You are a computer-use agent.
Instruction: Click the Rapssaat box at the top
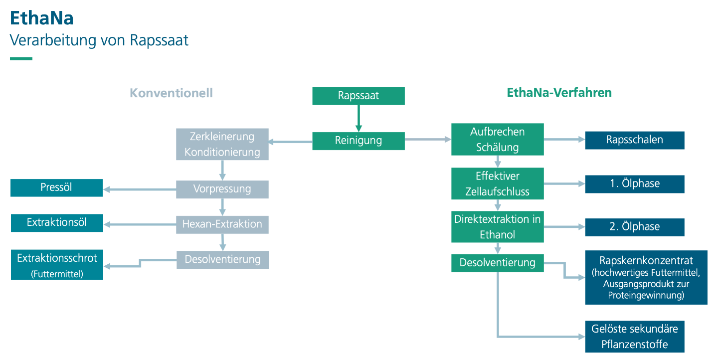359,96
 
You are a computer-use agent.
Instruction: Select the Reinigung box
359,141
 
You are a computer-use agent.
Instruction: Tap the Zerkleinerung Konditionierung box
222,144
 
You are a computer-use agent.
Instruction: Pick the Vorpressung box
222,189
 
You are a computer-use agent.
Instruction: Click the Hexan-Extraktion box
222,224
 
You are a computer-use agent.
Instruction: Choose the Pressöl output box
56,187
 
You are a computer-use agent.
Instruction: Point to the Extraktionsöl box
57,223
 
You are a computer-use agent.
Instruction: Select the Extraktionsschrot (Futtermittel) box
57,265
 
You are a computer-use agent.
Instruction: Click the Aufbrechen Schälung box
498,140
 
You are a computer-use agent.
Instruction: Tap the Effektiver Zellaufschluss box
498,183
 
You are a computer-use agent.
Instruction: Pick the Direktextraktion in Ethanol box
498,227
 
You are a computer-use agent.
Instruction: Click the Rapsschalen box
635,140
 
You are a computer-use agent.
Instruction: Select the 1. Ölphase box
635,184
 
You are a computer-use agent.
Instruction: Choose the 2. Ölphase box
635,227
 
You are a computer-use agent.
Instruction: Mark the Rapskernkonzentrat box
646,277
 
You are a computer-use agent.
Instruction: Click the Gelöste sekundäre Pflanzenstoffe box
635,337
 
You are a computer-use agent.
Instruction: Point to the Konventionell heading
171,93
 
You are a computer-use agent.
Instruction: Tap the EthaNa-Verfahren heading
559,93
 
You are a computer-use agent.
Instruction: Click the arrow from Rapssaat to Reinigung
359,118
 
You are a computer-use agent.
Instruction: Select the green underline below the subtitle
21,59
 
